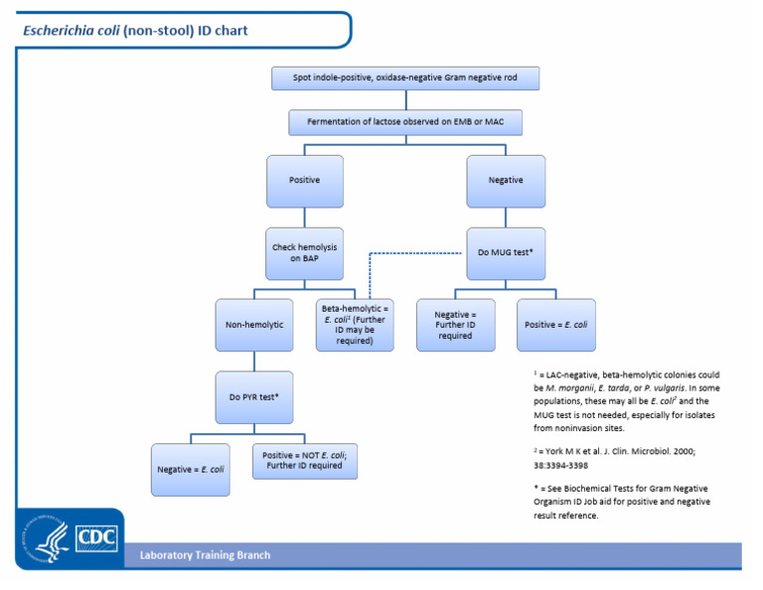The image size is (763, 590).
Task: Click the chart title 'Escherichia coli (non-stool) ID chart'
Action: pyautogui.click(x=135, y=31)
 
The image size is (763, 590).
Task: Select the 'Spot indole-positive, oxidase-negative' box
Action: pyautogui.click(x=405, y=78)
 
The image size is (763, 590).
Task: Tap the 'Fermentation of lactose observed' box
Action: pyautogui.click(x=405, y=122)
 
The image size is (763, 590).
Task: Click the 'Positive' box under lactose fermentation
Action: pyautogui.click(x=304, y=181)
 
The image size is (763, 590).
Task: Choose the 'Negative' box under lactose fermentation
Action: pyautogui.click(x=506, y=181)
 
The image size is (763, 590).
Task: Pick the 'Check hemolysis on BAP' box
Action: pyautogui.click(x=304, y=252)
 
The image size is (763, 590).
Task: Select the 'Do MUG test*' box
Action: pyautogui.click(x=506, y=252)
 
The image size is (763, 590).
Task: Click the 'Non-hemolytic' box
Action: pyautogui.click(x=254, y=324)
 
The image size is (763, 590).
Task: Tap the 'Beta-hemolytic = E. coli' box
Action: pyautogui.click(x=354, y=324)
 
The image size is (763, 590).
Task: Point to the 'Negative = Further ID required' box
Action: pyautogui.click(x=455, y=324)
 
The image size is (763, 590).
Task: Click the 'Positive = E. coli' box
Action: pyautogui.click(x=556, y=324)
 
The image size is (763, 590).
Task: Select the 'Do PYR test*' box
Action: pyautogui.click(x=254, y=397)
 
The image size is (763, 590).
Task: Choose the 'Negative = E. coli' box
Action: pyautogui.click(x=191, y=468)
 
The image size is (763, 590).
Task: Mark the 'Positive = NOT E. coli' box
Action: pyautogui.click(x=304, y=461)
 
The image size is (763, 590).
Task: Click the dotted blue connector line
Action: pyautogui.click(x=417, y=253)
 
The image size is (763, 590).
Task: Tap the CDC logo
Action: pyautogui.click(x=95, y=536)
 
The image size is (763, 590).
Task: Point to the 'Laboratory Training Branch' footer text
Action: pyautogui.click(x=205, y=554)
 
